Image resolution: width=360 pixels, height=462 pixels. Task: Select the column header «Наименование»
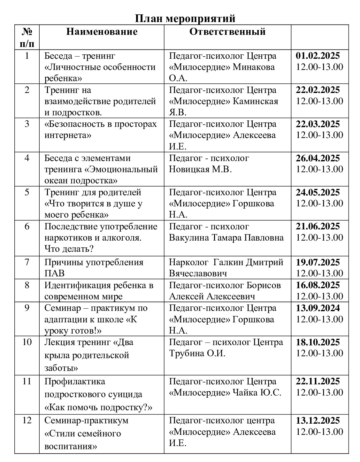pos(102,32)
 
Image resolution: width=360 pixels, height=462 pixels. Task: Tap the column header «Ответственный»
pos(227,32)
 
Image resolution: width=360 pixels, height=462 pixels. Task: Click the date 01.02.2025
pos(318,56)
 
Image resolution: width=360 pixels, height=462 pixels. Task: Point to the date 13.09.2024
pos(318,308)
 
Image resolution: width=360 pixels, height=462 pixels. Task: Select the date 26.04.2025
pos(318,158)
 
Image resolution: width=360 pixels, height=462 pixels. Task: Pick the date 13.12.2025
pos(318,420)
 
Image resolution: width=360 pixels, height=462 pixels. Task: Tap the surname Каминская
pos(256,101)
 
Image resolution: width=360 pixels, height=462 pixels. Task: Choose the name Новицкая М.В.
pos(200,169)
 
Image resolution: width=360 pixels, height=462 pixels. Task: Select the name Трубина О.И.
pos(197,353)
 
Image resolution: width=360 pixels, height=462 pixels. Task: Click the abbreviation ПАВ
pos(54,273)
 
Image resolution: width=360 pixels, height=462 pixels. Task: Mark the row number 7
pos(27,262)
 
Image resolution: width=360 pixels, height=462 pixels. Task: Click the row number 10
pos(27,342)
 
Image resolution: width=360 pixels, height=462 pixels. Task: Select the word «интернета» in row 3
pos(68,135)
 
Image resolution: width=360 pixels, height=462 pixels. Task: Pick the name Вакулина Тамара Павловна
pos(226,238)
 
